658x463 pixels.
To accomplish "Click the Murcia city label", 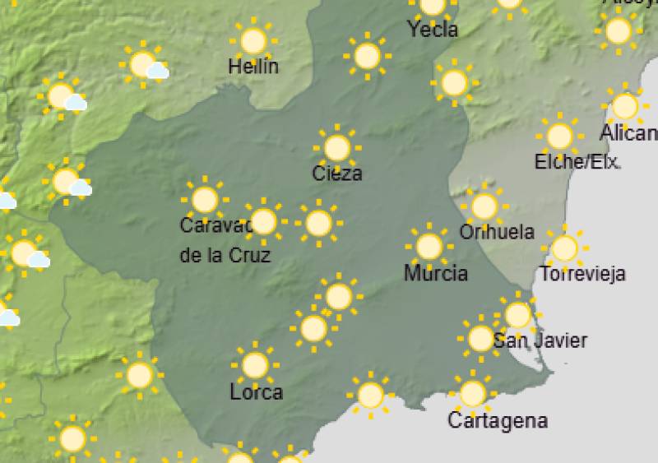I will point(436,273).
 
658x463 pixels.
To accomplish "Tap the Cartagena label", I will point(497,420).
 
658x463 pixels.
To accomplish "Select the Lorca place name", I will point(257,392).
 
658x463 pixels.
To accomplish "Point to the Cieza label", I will point(337,174).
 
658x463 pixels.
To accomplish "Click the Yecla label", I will point(433,30).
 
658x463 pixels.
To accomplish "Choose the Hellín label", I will point(253,67).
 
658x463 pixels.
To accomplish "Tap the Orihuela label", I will point(497,233).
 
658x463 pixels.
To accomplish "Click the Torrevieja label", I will point(583,274).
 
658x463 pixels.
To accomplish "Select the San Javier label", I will point(540,340).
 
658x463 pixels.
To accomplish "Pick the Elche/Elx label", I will point(577,162).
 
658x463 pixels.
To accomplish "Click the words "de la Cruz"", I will point(225,255).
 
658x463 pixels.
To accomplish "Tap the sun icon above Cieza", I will point(336,148).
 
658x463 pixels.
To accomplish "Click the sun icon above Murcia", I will point(429,246).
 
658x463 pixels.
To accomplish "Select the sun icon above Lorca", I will point(255,364).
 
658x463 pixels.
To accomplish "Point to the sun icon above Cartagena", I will point(472,394).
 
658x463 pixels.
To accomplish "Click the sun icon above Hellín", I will point(253,40).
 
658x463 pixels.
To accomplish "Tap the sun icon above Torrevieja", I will point(564,248).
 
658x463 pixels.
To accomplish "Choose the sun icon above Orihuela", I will point(484,206).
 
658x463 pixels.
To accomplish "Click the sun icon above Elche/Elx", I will point(559,136).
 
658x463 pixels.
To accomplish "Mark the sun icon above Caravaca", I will point(204,199).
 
